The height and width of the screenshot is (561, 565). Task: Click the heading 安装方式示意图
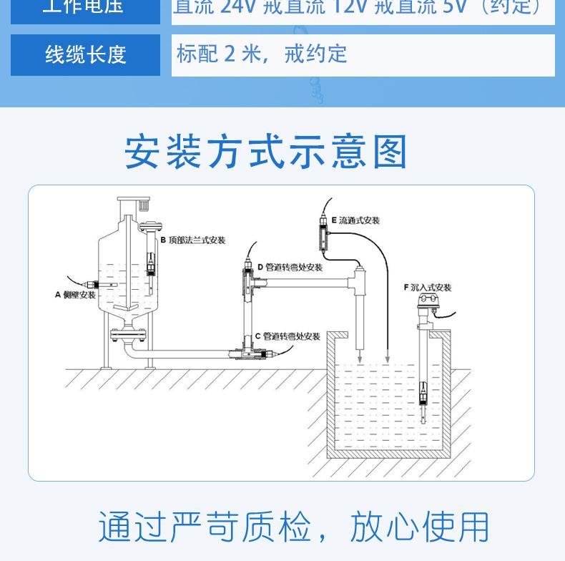coord(266,152)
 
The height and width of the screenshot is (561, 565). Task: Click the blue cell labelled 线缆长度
coord(85,54)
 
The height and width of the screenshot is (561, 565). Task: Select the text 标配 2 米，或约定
coord(262,54)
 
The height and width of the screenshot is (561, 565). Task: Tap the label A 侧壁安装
coord(75,295)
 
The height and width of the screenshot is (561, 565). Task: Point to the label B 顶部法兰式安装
coord(192,240)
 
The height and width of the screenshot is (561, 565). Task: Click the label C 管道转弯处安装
coord(288,336)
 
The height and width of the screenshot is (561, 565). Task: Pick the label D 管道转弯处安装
coord(290,268)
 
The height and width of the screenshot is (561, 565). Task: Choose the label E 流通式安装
coord(355,220)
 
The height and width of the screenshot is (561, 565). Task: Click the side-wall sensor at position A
coord(94,286)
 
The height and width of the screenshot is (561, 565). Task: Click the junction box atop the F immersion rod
coord(428,303)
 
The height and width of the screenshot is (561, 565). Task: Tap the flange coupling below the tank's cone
coord(128,333)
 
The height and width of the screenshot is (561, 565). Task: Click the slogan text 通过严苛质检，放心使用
coord(293,527)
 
